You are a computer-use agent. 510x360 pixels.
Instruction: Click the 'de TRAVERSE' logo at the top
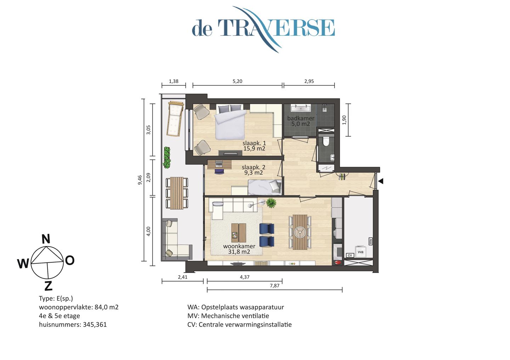(263, 28)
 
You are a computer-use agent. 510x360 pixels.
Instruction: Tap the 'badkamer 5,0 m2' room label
(300, 121)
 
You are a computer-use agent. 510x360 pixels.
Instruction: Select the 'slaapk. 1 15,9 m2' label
(254, 146)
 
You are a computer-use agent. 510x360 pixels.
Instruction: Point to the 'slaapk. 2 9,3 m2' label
(253, 170)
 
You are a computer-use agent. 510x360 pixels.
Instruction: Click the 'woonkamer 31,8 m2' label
(239, 249)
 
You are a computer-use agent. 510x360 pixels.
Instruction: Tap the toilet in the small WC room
(326, 142)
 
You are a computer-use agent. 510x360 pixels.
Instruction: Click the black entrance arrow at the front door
(381, 181)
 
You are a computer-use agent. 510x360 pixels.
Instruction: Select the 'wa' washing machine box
(360, 252)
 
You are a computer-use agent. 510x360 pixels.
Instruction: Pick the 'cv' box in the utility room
(350, 255)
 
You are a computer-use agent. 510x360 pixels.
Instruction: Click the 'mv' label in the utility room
(370, 241)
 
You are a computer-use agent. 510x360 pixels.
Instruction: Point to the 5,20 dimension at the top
(237, 81)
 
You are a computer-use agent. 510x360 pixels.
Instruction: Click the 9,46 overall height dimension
(140, 180)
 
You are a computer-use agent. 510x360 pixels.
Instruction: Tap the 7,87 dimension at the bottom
(274, 286)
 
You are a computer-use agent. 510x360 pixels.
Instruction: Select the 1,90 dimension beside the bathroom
(344, 120)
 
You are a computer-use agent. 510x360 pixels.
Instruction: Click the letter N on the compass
(46, 239)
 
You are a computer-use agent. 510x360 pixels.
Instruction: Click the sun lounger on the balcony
(175, 119)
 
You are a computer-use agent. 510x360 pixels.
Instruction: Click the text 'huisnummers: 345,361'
(73, 325)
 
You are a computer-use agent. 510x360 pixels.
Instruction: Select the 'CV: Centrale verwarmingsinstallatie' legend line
(239, 325)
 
